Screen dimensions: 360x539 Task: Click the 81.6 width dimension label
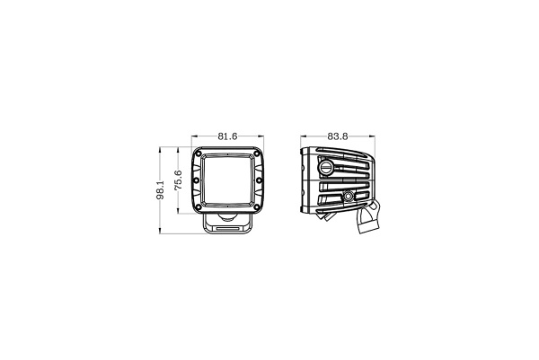(227, 136)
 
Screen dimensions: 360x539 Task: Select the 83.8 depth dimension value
(338, 136)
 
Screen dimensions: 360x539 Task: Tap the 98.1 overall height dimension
(160, 191)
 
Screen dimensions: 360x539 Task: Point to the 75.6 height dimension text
(179, 181)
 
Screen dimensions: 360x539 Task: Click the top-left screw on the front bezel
(199, 154)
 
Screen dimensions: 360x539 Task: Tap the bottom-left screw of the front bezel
(199, 207)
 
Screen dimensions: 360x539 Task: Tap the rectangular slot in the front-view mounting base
(227, 230)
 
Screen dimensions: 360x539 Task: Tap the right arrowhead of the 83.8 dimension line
(375, 142)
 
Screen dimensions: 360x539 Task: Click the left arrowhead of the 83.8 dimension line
(301, 142)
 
